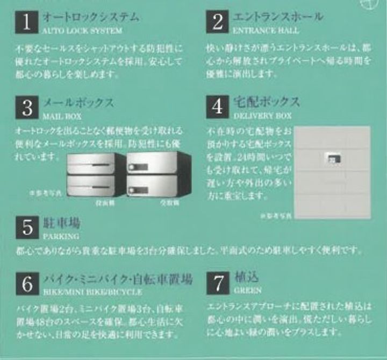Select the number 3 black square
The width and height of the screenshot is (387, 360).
pos(27,107)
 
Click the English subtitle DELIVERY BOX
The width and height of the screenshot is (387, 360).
pos(263,115)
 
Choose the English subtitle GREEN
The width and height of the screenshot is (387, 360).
pos(248,291)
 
